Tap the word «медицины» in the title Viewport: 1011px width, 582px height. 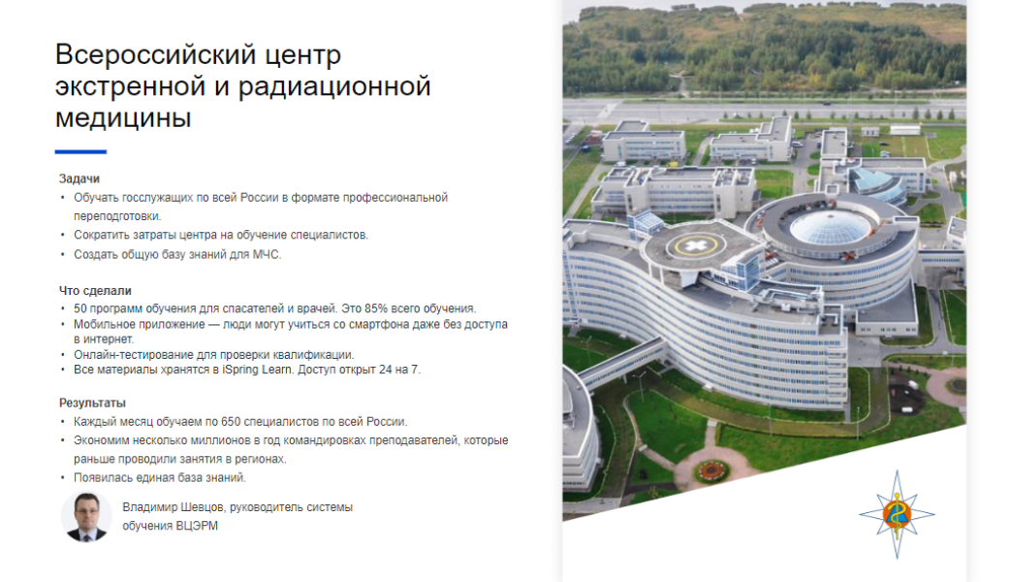[x=123, y=118]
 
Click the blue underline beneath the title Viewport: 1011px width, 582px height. [x=80, y=151]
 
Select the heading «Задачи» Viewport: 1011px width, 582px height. [x=79, y=178]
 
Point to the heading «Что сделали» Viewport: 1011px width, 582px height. [x=95, y=291]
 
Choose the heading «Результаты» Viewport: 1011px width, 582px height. [x=92, y=404]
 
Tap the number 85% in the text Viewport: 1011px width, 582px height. [x=376, y=308]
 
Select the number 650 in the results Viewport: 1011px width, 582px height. [x=230, y=422]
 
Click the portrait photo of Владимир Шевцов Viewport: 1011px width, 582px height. [x=86, y=517]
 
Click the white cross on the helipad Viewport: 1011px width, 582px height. [x=696, y=245]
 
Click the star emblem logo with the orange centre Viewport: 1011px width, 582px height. [x=897, y=514]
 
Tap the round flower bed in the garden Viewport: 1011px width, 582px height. [x=711, y=470]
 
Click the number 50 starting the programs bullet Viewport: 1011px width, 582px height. [x=79, y=308]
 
